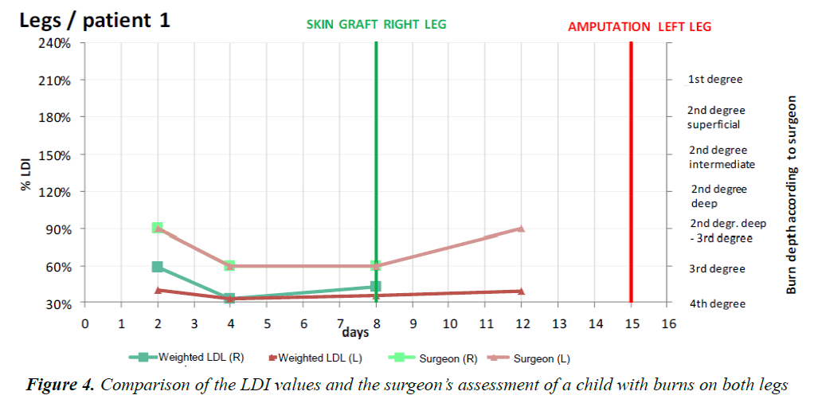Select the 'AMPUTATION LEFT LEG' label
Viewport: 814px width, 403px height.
point(640,26)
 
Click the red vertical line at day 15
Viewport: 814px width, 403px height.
point(631,159)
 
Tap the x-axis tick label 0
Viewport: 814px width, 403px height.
point(84,323)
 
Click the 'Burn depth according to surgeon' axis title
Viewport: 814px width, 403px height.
point(792,195)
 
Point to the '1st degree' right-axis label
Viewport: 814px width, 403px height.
point(715,80)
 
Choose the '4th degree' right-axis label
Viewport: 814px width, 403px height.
point(717,303)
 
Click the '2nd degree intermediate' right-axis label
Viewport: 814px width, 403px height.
point(721,157)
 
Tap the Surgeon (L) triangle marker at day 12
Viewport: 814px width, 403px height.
point(521,229)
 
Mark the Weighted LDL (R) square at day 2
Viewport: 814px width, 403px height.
point(158,267)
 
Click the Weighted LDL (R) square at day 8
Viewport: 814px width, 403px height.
point(376,287)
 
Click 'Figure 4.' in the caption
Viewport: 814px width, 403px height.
point(60,385)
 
